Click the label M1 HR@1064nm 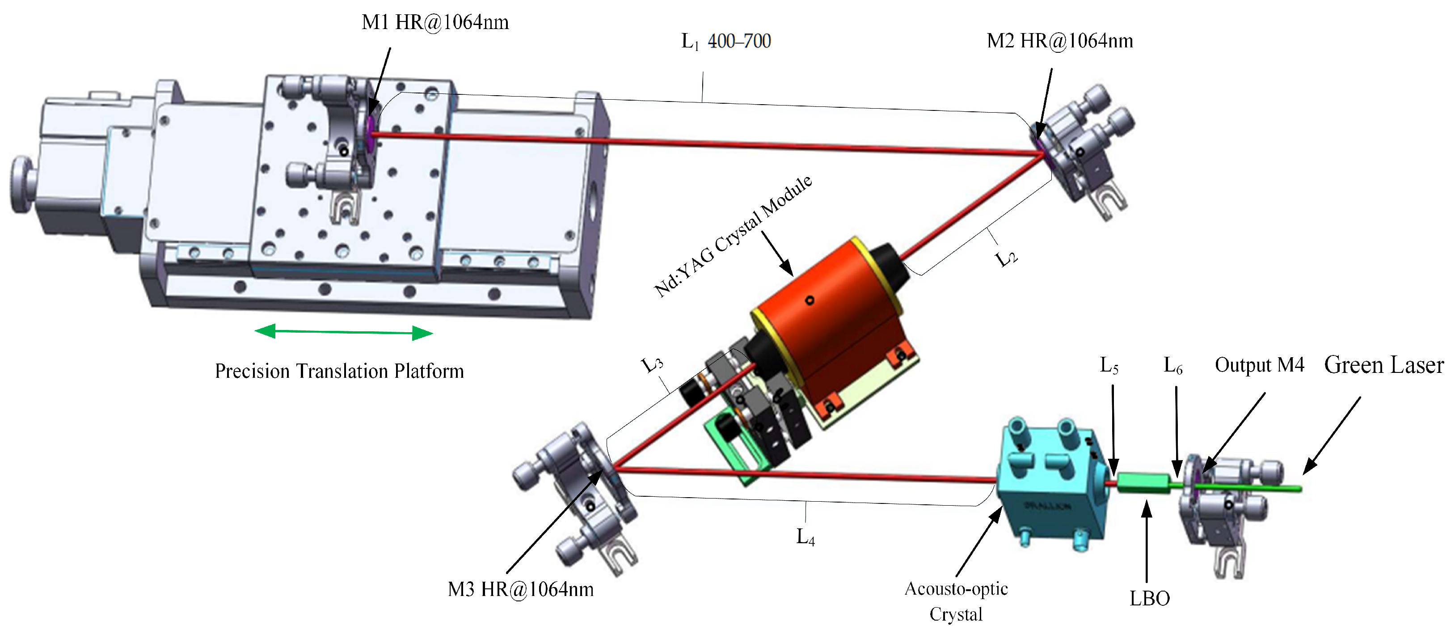tap(435, 22)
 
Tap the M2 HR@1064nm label tap(1059, 41)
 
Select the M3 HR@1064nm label tap(521, 589)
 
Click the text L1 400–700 tap(726, 41)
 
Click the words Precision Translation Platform tap(339, 371)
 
